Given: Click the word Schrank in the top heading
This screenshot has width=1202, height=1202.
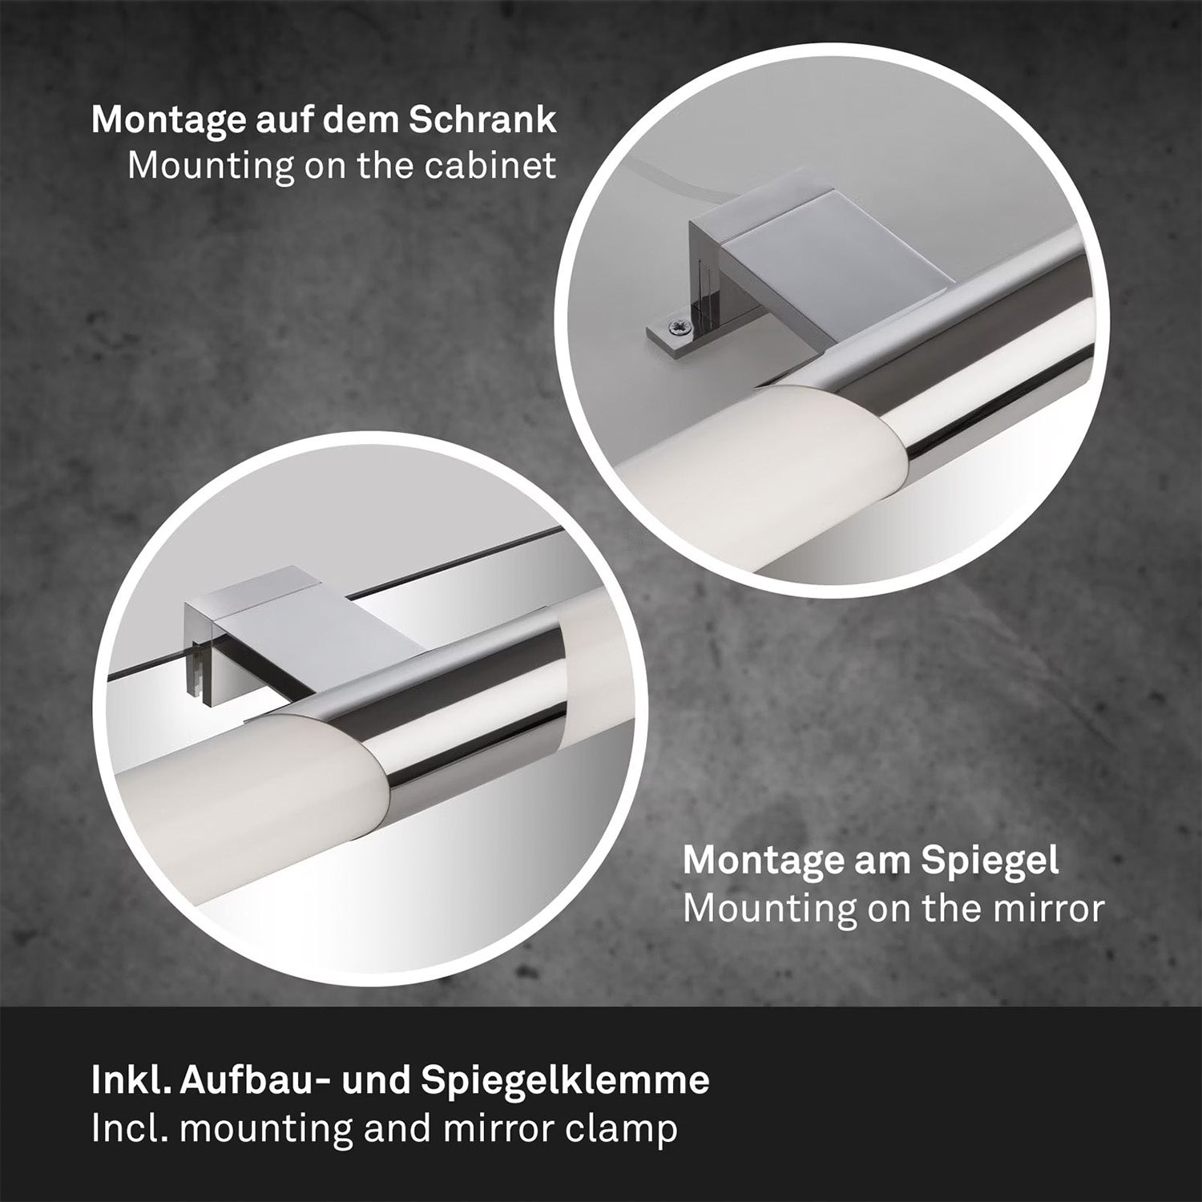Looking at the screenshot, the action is [x=482, y=119].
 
